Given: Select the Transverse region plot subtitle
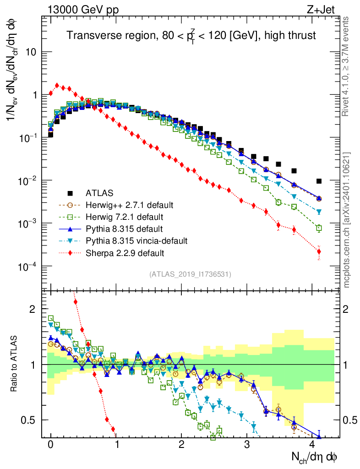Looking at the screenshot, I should (191, 35).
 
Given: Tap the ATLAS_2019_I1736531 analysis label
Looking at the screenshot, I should (190, 274).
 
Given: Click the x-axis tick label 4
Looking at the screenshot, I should (312, 445).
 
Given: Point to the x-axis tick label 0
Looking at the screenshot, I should (51, 445).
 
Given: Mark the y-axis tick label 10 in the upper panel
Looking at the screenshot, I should (33, 52).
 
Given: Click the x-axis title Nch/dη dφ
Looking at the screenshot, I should (316, 457).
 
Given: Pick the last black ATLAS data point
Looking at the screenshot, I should (319, 181).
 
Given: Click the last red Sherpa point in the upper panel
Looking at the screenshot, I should (319, 251).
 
